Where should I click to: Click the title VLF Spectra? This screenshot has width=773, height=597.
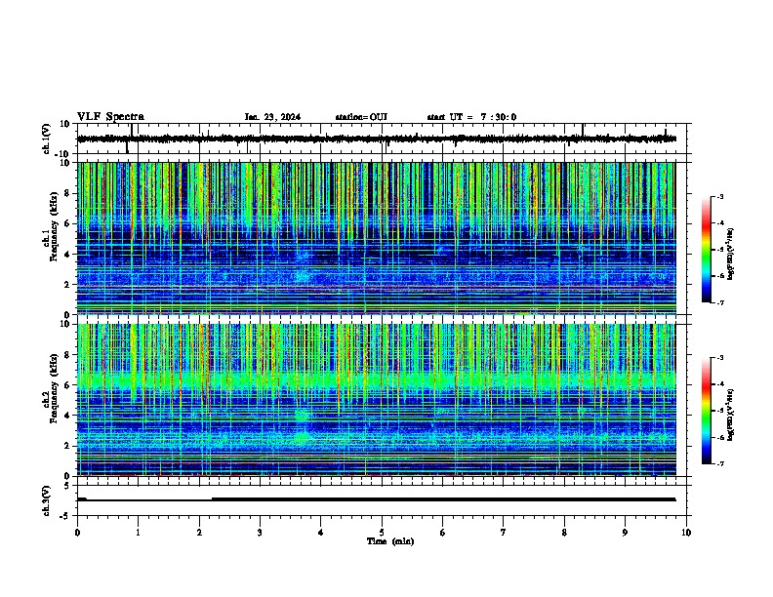(x=110, y=117)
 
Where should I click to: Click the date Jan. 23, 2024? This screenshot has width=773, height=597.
(x=272, y=117)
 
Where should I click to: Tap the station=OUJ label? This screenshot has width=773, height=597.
(x=361, y=117)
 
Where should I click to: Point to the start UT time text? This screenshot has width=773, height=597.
(x=471, y=117)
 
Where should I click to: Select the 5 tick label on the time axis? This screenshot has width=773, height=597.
(x=382, y=532)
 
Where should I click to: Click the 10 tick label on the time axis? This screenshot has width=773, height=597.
(x=686, y=532)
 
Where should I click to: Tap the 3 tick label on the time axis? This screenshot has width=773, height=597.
(x=260, y=532)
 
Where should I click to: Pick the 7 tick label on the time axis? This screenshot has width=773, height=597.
(x=504, y=532)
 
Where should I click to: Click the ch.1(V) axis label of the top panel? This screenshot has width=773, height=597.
(x=46, y=139)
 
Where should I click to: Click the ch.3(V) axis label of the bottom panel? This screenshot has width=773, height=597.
(x=46, y=498)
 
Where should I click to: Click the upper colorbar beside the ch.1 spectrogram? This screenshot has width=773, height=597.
(x=706, y=250)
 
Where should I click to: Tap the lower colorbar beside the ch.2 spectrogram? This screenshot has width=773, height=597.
(x=706, y=411)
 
